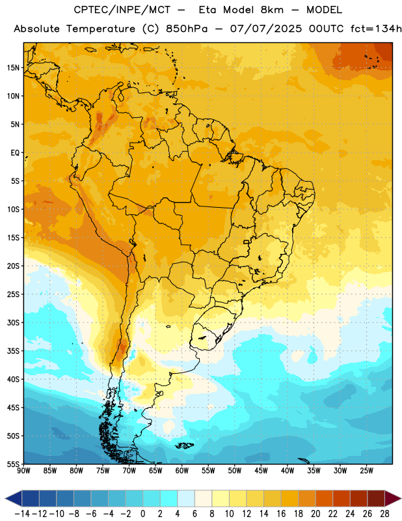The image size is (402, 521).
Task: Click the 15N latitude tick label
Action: [13, 68]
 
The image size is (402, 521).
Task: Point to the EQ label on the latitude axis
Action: [15, 153]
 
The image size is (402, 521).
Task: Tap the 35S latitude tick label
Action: [13, 351]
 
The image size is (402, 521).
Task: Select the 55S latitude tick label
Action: [13, 464]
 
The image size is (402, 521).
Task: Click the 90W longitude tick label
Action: [23, 471]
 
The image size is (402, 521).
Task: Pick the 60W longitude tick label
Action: [182, 471]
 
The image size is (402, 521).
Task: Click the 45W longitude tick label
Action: [261, 471]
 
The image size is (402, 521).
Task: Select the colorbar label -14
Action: [22, 514]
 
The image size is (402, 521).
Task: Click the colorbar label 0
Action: [142, 514]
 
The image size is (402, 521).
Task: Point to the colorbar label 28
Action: [384, 514]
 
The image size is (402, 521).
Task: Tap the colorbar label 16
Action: [281, 514]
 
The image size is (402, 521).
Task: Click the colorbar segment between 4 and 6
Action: [186, 498]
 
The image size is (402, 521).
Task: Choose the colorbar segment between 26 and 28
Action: [376, 498]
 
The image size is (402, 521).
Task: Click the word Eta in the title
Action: [208, 10]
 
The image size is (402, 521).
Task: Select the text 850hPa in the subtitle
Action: [187, 29]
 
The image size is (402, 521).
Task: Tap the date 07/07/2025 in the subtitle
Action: [266, 29]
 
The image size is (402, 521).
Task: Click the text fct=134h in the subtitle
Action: [376, 29]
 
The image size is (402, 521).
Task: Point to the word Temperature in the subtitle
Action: [101, 29]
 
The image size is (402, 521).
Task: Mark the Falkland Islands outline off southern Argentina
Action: [184, 445]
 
